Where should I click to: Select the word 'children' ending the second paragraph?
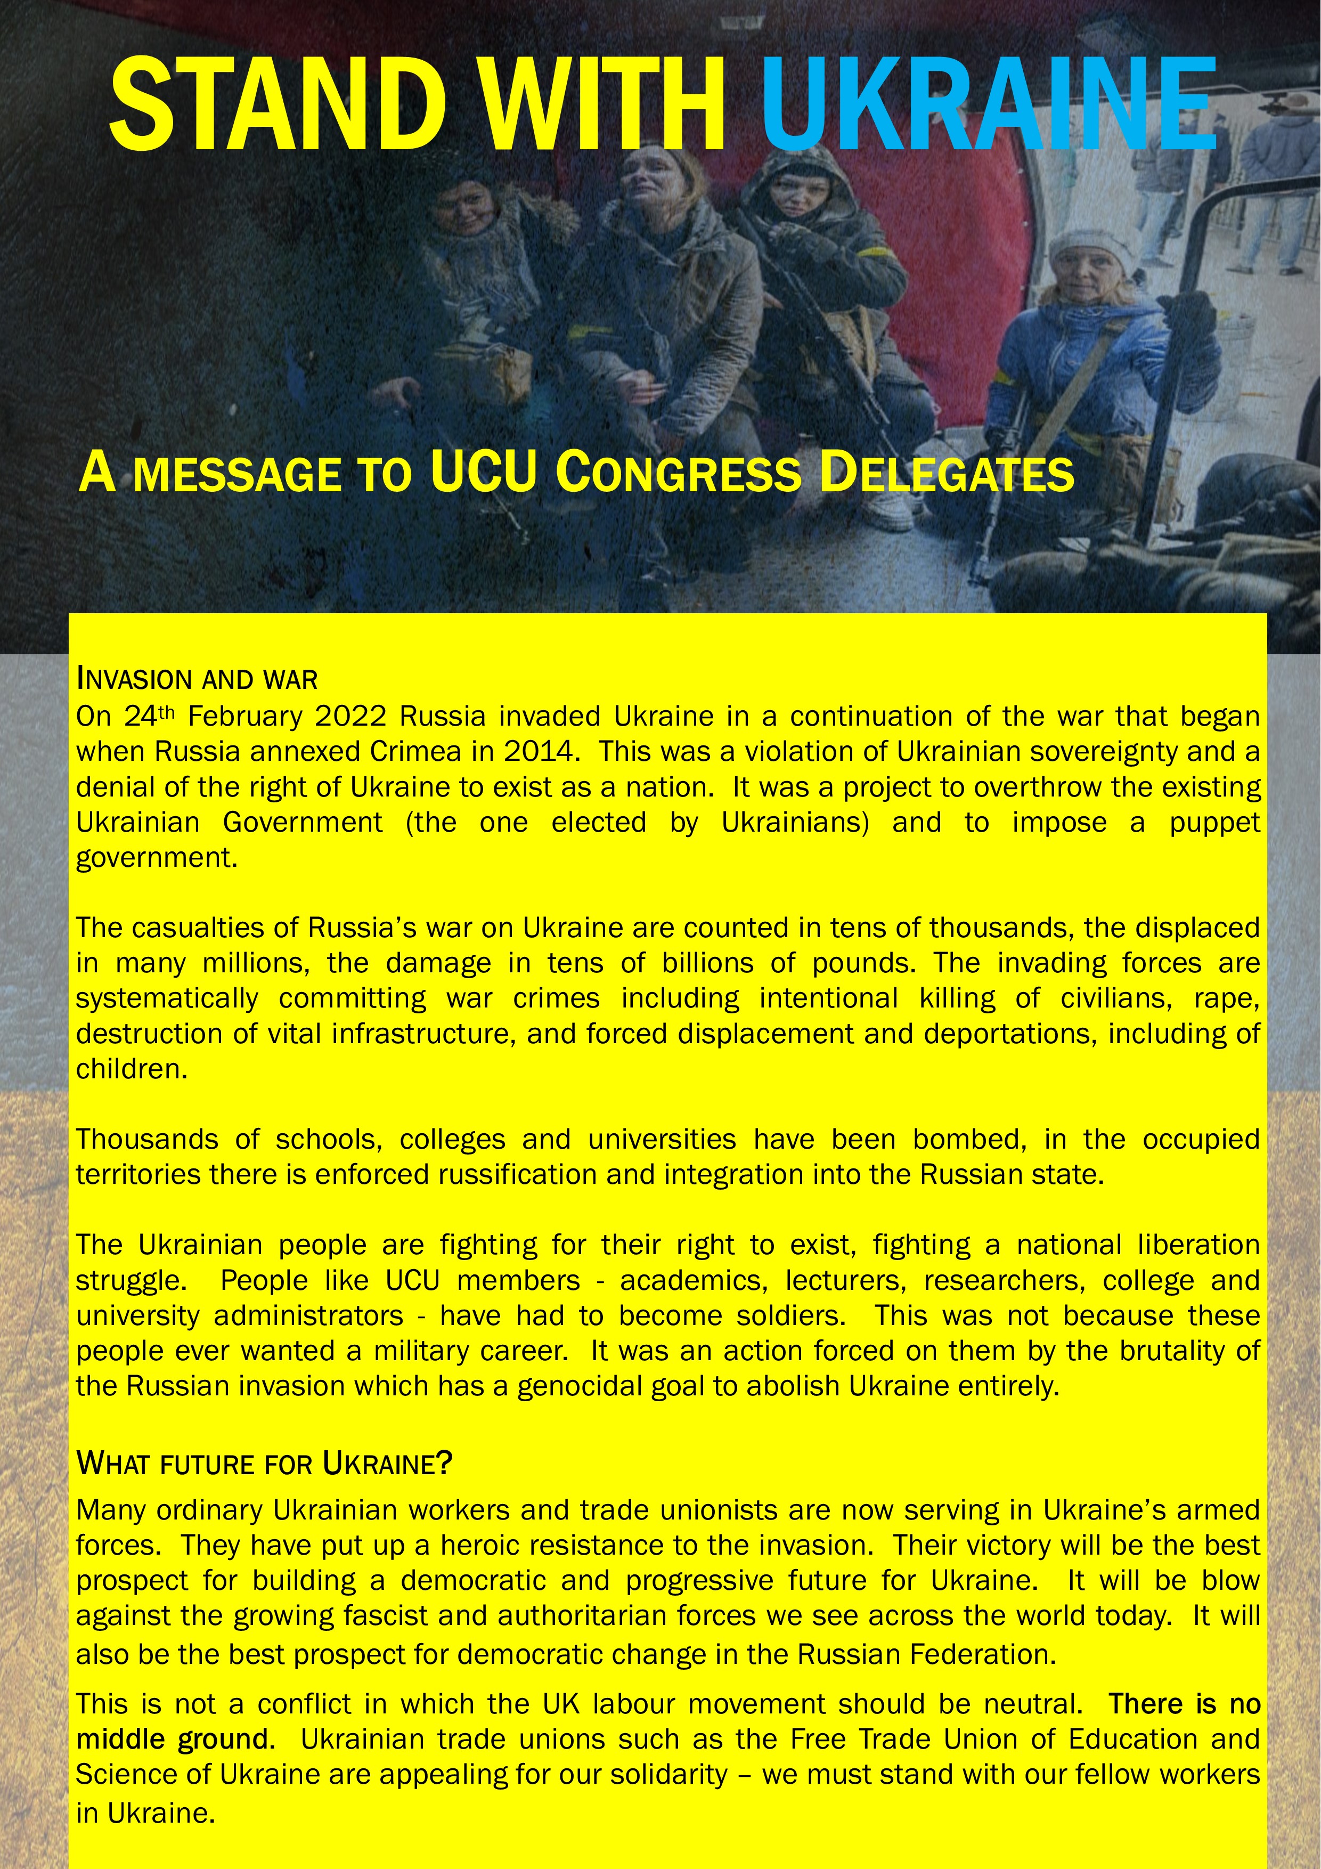pos(129,1069)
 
